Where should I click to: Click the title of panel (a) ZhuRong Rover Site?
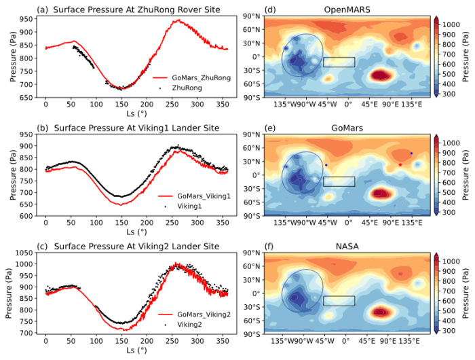(x=126, y=9)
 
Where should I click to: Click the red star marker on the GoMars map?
(x=400, y=164)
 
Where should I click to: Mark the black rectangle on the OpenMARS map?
(x=339, y=62)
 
